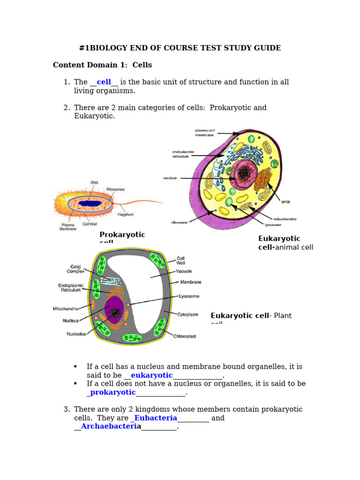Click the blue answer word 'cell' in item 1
[x=104, y=82]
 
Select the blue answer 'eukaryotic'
[x=151, y=375]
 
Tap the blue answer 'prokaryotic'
[x=113, y=392]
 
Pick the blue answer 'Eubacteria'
[x=156, y=418]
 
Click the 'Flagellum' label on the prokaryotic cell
[x=126, y=215]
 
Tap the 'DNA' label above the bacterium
[x=94, y=183]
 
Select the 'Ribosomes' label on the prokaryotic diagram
[x=115, y=189]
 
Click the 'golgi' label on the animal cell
[x=285, y=202]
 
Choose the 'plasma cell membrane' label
[x=204, y=133]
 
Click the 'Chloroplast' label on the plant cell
[x=185, y=336]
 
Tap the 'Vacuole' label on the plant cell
[x=184, y=271]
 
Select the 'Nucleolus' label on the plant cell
[x=76, y=334]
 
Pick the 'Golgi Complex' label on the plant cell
[x=75, y=269]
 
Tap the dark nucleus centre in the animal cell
[x=244, y=174]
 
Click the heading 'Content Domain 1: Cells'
[x=102, y=65]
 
